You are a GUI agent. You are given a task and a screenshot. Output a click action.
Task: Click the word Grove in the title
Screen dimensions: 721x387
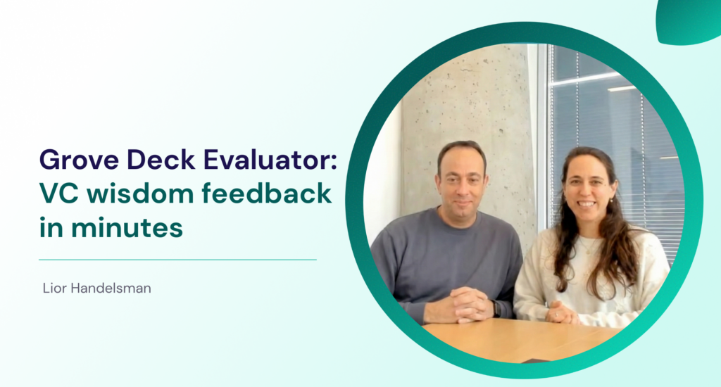(x=79, y=160)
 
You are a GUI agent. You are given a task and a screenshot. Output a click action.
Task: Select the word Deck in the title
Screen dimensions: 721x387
(x=161, y=159)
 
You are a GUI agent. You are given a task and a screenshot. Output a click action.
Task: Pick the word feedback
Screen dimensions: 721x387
(x=267, y=193)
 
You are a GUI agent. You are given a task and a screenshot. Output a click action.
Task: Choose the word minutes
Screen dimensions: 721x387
(x=127, y=227)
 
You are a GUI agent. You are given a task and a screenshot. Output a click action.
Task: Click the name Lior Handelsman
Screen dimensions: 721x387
(x=97, y=288)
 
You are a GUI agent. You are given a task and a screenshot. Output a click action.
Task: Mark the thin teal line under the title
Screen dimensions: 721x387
(x=178, y=260)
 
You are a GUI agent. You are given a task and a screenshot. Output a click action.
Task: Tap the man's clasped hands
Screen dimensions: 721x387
(x=465, y=305)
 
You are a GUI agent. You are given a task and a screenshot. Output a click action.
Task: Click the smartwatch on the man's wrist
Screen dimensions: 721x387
(x=496, y=308)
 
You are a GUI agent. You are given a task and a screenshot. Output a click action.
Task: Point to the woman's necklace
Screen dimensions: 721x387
(x=588, y=246)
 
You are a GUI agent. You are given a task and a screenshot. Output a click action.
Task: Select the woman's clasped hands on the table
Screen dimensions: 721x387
(x=560, y=313)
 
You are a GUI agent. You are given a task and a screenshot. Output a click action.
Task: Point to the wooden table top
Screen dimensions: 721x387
(x=520, y=340)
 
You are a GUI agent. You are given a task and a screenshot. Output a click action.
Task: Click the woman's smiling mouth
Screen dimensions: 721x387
(x=587, y=203)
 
